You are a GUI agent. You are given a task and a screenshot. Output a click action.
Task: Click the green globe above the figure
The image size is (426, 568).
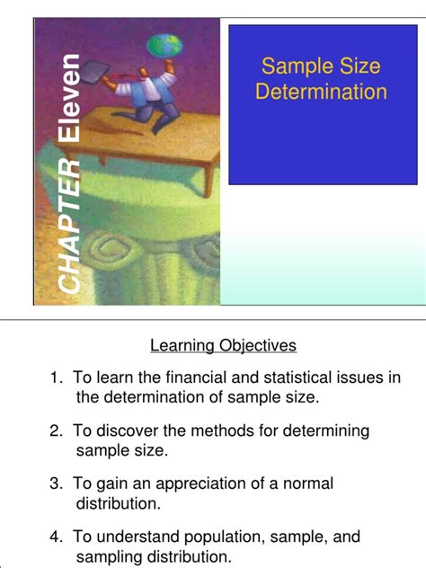[164, 45]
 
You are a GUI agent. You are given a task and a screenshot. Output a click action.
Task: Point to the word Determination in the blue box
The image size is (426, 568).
[321, 92]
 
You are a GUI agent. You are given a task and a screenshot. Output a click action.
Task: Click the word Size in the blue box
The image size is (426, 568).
[359, 66]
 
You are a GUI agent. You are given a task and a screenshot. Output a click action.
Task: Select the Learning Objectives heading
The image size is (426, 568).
[223, 345]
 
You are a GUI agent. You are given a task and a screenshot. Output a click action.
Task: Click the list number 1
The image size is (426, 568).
[56, 378]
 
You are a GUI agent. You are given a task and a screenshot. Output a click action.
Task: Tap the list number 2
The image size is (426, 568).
[56, 431]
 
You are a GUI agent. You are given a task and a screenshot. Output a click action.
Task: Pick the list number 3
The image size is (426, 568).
[56, 484]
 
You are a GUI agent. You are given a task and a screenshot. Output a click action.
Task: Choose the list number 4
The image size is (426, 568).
[56, 537]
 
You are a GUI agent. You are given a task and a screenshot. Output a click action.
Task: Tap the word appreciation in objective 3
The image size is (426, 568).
[200, 484]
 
